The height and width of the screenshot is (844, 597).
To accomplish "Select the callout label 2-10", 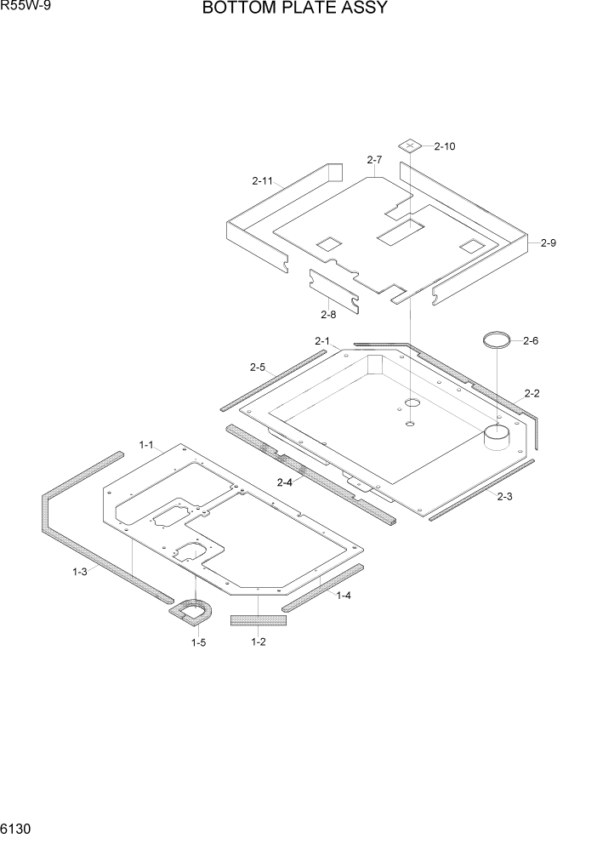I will click(444, 146).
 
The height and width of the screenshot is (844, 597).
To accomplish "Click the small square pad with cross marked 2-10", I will click(412, 146).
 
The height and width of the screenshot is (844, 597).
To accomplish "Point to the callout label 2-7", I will click(374, 160).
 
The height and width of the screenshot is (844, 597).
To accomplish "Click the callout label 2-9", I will click(548, 243).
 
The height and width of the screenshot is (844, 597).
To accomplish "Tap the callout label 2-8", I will click(328, 315).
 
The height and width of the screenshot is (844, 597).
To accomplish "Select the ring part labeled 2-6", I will click(498, 340).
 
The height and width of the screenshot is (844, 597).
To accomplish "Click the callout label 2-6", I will click(531, 340).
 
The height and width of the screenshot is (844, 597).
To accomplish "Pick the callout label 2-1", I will click(321, 340).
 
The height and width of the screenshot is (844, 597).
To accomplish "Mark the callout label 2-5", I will click(258, 368).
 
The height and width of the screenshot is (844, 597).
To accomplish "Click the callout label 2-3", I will click(504, 496).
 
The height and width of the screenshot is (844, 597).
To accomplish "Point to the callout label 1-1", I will click(145, 444).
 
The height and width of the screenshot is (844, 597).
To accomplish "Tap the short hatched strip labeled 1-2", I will click(259, 619).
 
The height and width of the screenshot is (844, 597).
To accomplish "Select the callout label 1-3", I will click(80, 572).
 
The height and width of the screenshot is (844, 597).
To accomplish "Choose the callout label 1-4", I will click(344, 596).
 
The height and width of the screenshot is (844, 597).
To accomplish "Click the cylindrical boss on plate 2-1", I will click(497, 436).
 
